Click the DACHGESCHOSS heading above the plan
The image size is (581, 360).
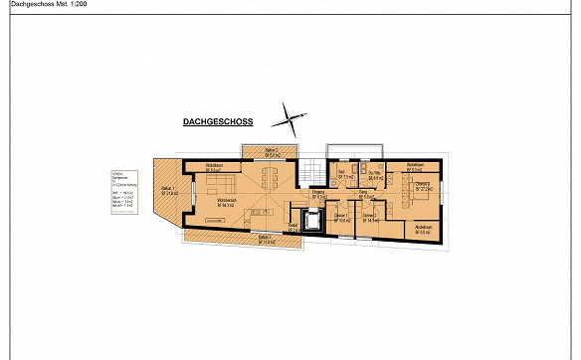[x=218, y=123]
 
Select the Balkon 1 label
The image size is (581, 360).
[x=168, y=190]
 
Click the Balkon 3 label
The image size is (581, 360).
[x=265, y=239]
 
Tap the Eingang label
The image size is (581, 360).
[x=318, y=196]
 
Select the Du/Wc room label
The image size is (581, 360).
[x=376, y=175]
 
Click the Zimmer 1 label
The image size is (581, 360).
[x=341, y=218]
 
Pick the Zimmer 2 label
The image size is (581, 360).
[x=370, y=218]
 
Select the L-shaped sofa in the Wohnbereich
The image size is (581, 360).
[x=221, y=185]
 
